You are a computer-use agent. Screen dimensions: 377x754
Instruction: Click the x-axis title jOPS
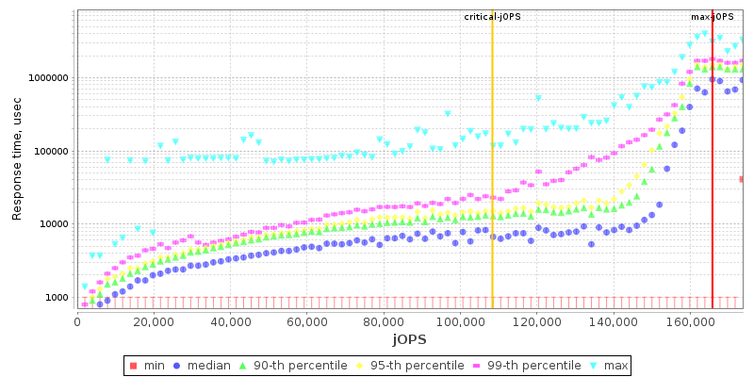pos(410,337)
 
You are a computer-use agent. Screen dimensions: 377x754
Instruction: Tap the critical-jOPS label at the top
pos(492,17)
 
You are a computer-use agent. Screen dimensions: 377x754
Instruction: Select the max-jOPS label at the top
pos(713,17)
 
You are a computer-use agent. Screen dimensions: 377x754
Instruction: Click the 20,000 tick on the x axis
pos(155,320)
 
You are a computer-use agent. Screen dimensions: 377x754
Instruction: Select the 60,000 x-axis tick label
pos(307,320)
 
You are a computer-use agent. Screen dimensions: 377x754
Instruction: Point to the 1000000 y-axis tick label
pos(47,78)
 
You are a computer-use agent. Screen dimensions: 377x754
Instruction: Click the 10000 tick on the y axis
pos(53,224)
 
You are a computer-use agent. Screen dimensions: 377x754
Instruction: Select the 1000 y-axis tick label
pos(56,298)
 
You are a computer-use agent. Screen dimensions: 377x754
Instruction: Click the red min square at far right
pos(743,179)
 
